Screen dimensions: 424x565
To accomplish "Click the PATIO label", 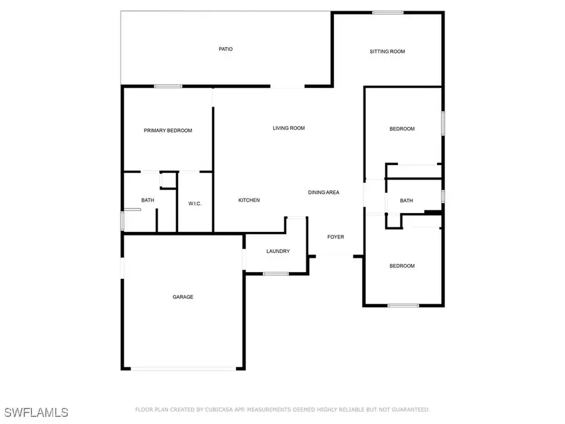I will (x=225, y=48).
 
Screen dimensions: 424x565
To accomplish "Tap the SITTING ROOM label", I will (x=387, y=52).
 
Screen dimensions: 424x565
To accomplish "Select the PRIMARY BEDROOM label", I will (x=168, y=131).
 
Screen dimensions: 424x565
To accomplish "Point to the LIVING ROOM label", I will (x=288, y=128).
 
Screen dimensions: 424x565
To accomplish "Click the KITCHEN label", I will (x=249, y=200).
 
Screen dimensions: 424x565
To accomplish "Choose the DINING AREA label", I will (x=323, y=192).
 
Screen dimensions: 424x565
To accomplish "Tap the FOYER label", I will (x=336, y=237).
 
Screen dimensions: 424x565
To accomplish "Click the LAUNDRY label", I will (x=277, y=251).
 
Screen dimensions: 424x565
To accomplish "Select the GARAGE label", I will (x=183, y=297).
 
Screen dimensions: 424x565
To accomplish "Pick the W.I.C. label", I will (x=195, y=204).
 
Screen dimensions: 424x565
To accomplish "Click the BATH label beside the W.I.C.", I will (x=148, y=200).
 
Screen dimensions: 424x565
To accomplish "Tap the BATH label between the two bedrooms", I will (x=407, y=201).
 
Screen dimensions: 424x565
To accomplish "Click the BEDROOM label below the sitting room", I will (x=402, y=129).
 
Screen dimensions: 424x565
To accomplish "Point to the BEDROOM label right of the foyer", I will (x=402, y=266).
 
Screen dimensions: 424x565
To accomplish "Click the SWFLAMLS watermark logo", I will (x=36, y=412).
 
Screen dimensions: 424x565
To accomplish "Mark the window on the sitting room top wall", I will (x=387, y=13).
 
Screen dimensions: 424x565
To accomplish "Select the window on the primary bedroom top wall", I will (x=168, y=86).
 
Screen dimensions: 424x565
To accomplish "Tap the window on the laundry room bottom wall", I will (x=276, y=273).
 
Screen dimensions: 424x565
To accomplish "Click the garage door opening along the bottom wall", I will (x=183, y=369).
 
